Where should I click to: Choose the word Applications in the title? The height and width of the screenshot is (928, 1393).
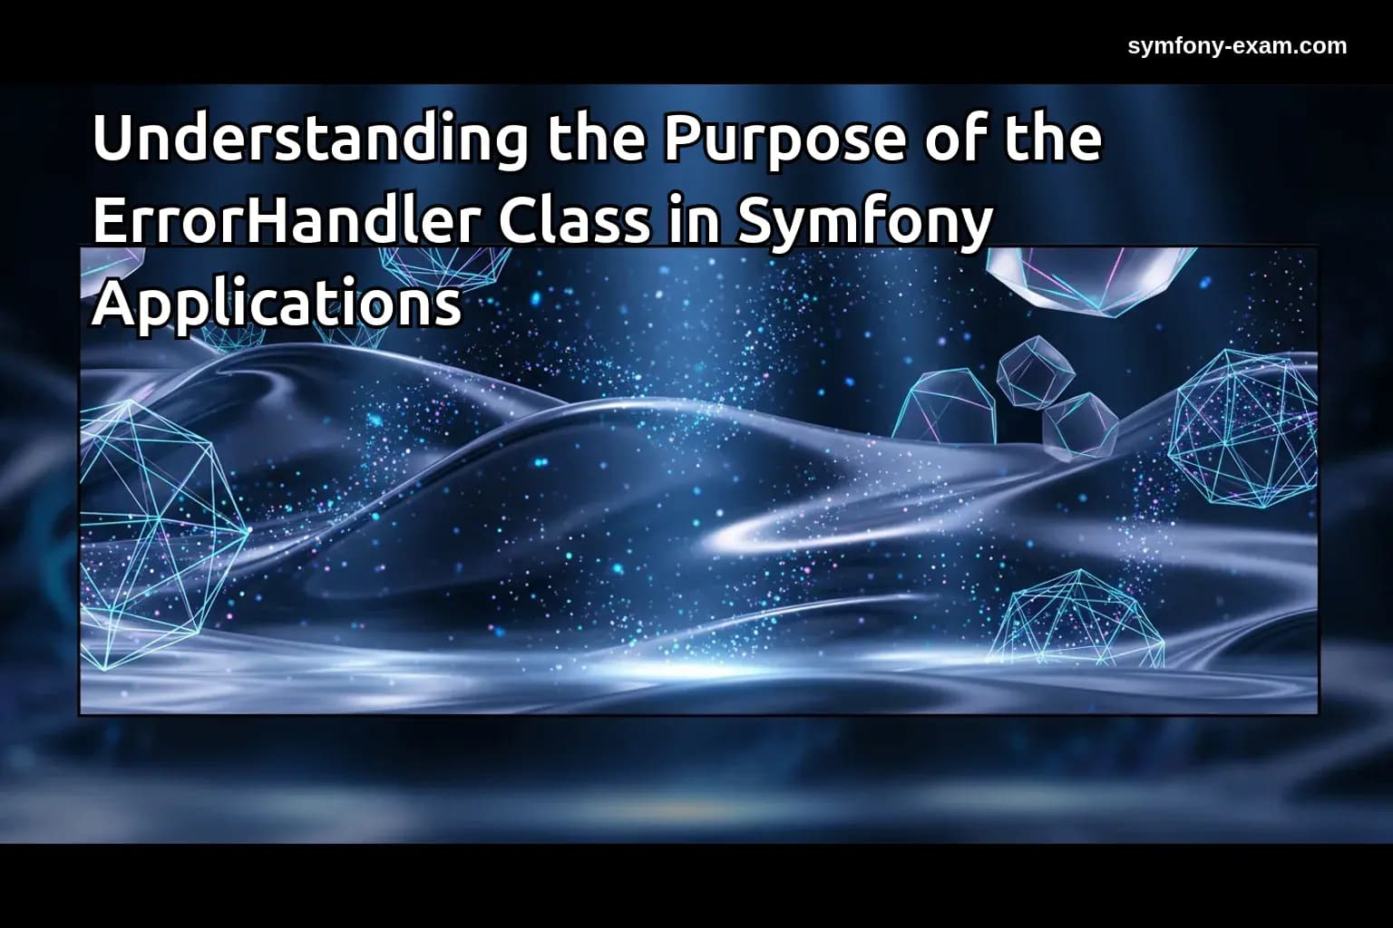277,304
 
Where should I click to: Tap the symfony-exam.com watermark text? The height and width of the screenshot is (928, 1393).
1237,45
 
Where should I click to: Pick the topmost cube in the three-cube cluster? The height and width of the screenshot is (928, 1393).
1036,370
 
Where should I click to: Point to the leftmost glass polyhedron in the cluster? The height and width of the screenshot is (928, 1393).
946,408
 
